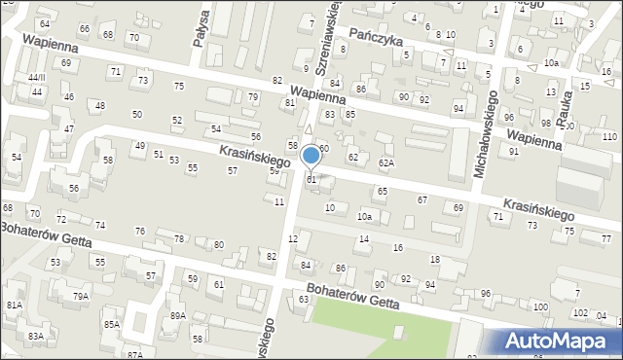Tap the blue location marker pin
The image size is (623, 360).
[311, 157]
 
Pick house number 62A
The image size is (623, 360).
[386, 162]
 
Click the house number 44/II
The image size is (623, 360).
[36, 77]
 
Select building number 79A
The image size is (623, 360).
[81, 296]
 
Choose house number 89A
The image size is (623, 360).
[177, 315]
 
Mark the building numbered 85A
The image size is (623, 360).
[112, 324]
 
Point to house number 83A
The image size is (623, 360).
[36, 336]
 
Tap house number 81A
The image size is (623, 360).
[15, 305]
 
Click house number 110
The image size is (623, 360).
[608, 136]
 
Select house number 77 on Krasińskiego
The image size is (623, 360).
[605, 238]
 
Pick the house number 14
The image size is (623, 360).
[364, 238]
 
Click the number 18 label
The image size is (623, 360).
[434, 259]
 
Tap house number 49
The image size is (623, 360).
[140, 146]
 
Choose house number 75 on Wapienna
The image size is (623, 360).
[178, 87]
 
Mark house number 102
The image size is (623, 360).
[579, 313]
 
